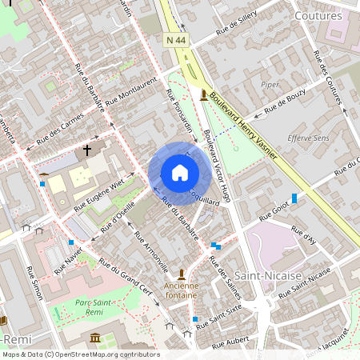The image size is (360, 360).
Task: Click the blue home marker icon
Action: pyautogui.click(x=179, y=173)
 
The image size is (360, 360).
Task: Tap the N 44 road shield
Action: pyautogui.click(x=176, y=39)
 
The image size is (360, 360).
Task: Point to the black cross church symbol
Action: pyautogui.click(x=87, y=150)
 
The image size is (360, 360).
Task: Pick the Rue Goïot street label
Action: pyautogui.click(x=274, y=210)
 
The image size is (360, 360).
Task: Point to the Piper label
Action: pyautogui.click(x=270, y=84)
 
